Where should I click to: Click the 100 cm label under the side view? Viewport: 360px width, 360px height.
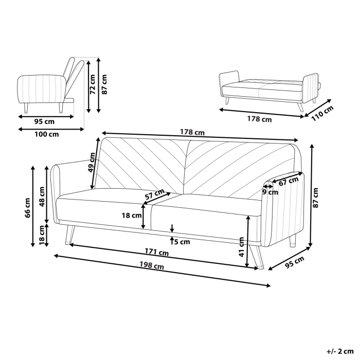(x=46, y=134)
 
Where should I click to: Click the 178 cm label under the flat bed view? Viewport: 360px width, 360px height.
(x=259, y=119)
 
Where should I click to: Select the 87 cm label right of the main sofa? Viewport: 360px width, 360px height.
(x=316, y=197)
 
